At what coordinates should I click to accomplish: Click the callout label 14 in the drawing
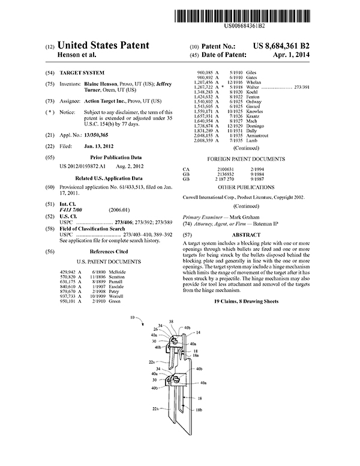pos(199,331)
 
